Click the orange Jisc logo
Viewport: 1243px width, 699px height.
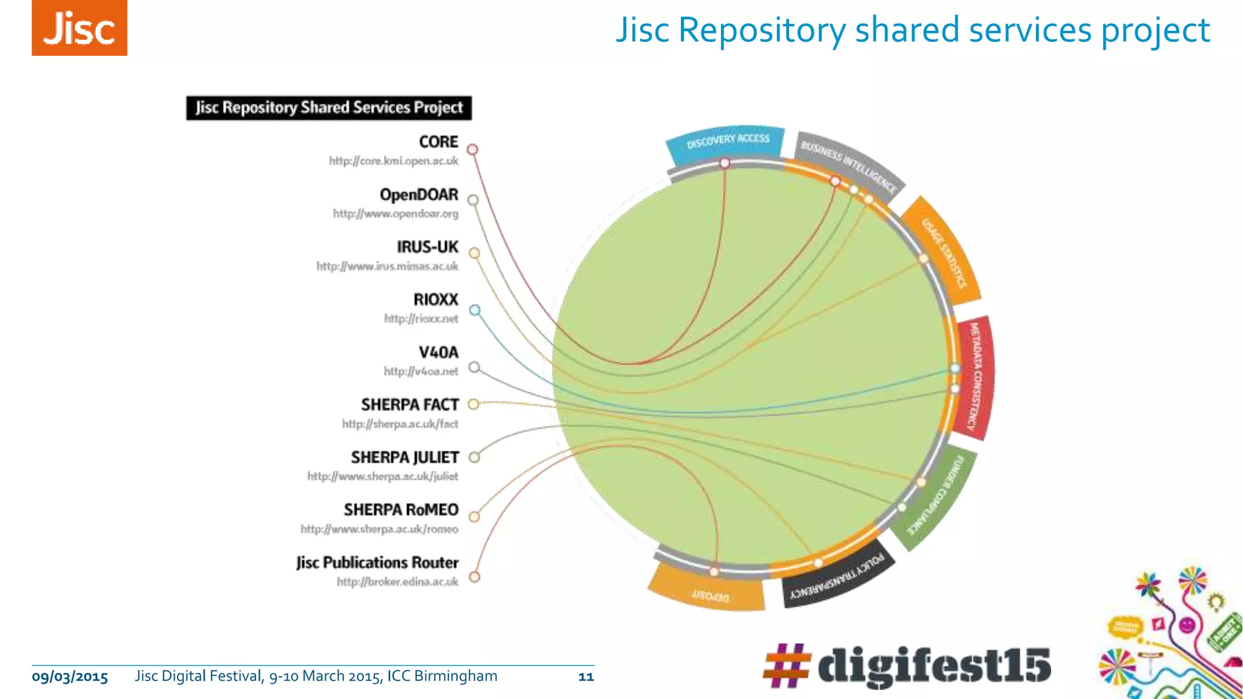80,28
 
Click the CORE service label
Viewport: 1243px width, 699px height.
438,141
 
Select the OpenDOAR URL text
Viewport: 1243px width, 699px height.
395,214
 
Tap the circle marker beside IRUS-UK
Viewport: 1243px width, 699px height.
474,253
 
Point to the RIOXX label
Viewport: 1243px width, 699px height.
435,299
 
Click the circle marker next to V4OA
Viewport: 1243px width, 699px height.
475,367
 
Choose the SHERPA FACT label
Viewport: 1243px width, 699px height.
410,405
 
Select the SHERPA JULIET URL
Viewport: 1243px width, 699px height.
382,476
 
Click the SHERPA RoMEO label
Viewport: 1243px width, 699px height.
401,510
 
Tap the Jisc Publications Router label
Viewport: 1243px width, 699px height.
377,562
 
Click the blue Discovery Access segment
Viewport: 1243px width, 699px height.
727,144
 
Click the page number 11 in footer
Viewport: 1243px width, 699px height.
586,677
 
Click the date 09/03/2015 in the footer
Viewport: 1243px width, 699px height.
70,677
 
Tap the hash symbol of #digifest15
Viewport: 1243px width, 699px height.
786,666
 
